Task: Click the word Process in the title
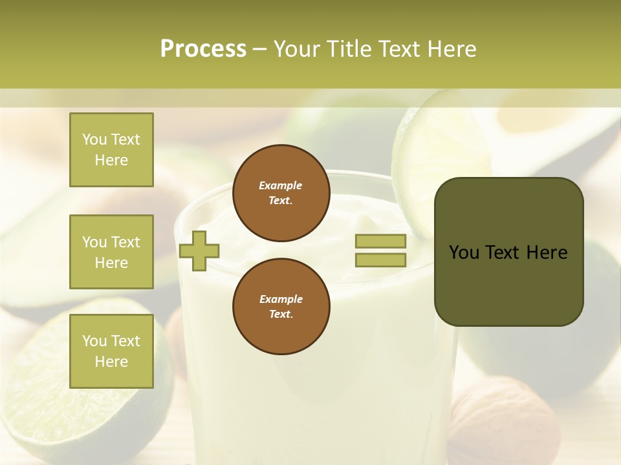(203, 49)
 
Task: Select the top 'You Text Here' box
(111, 150)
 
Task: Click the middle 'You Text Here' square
(111, 252)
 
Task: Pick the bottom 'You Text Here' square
(111, 351)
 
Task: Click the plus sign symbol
(199, 251)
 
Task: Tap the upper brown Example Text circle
(281, 193)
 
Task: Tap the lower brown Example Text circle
(281, 307)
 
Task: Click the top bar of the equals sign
(380, 242)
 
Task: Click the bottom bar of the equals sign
(380, 260)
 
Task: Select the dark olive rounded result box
(508, 284)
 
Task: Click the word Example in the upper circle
(281, 185)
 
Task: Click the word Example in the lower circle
(281, 299)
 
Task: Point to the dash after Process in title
(260, 49)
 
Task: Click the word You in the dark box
(464, 253)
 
